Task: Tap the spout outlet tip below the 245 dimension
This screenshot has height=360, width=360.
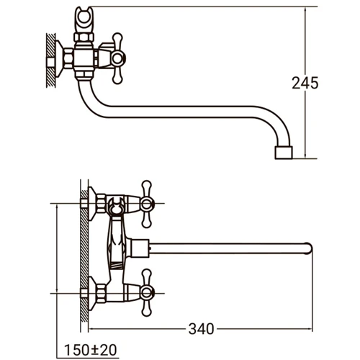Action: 283,153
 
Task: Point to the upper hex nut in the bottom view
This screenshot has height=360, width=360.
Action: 101,204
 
